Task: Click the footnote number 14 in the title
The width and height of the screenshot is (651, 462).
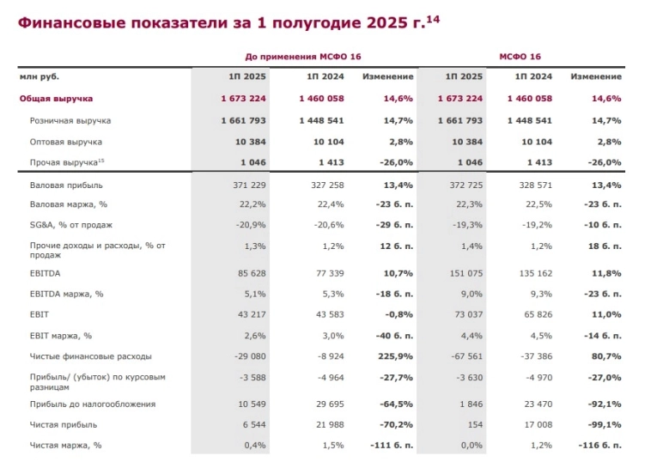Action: point(434,13)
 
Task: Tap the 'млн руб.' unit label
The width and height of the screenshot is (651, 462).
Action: point(40,77)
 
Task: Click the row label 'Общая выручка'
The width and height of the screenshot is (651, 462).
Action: point(57,100)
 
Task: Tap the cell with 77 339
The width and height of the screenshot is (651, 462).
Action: point(325,275)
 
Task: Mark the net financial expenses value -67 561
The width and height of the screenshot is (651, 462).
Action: point(465,357)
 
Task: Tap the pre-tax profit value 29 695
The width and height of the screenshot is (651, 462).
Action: point(325,404)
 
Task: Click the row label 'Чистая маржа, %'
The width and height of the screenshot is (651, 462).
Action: point(65,445)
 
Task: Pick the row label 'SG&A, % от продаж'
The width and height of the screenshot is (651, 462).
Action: point(71,225)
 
